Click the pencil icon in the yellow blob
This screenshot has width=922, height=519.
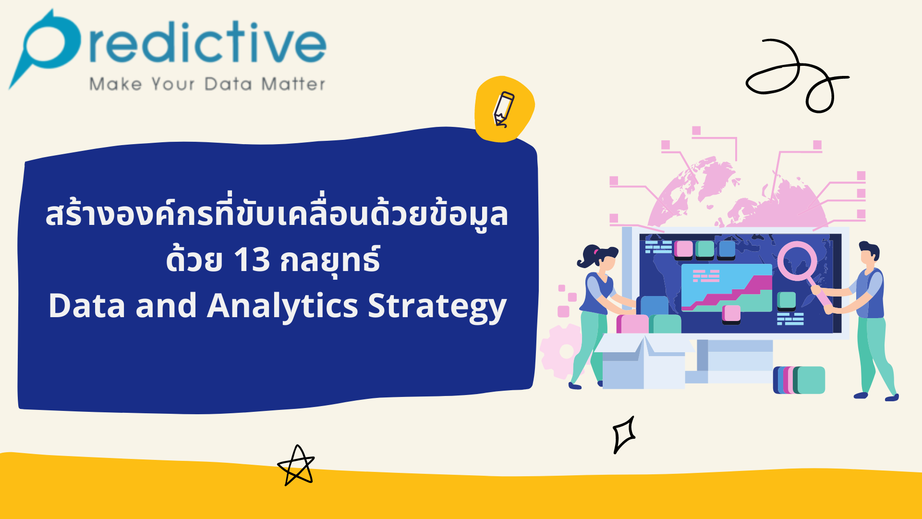pos(503,109)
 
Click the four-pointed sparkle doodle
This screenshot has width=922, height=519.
pos(624,434)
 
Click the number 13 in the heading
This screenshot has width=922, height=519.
pos(252,260)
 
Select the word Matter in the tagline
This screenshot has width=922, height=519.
pos(293,85)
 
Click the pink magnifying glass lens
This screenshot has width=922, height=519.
pos(797,261)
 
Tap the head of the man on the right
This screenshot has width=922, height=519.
pos(868,255)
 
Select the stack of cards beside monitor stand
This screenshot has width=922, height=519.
pos(799,380)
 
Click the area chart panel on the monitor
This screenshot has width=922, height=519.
pos(726,287)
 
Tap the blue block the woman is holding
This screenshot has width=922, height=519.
pos(653,306)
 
